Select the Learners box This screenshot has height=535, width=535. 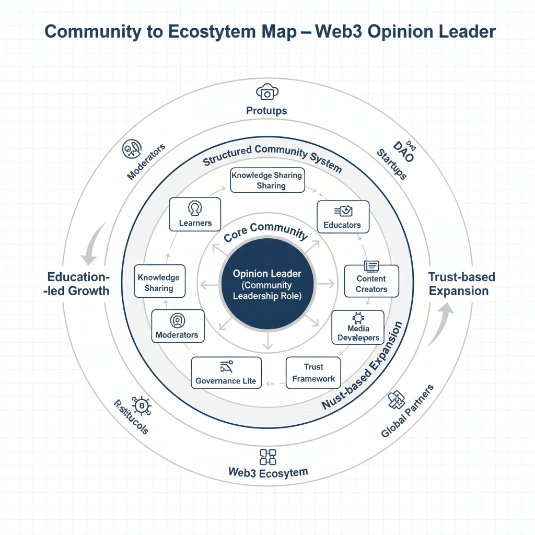195,214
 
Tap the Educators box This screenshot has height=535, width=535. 343,217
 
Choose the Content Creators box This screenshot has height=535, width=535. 371,281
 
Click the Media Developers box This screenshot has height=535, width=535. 358,328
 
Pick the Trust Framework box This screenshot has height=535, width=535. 313,373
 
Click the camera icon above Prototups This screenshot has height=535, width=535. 267,92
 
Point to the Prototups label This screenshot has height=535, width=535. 266,111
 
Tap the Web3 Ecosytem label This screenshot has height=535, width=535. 268,472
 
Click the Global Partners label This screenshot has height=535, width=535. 408,411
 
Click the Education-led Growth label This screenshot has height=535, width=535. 77,284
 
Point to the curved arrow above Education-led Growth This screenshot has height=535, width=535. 93,242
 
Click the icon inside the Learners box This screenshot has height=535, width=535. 195,207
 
